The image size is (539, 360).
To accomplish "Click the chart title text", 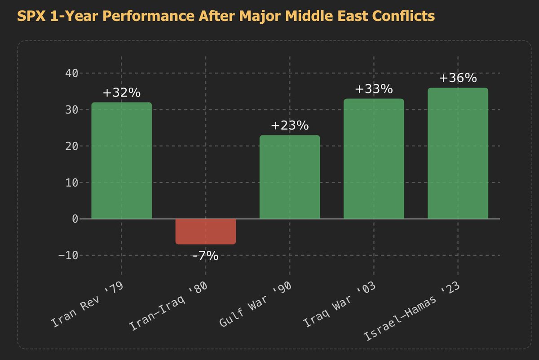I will tap(226, 17).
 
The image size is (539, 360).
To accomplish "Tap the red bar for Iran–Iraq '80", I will tap(206, 232).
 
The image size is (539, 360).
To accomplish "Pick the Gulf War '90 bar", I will tap(290, 177).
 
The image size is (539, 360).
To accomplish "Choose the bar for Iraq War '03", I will tap(374, 159).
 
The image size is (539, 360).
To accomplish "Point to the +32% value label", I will tap(122, 93).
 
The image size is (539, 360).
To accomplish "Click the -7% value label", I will tap(206, 256).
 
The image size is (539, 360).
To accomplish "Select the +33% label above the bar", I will tap(374, 89).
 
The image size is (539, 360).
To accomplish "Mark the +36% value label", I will tap(458, 78).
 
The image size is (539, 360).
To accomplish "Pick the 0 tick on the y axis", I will tap(74, 219).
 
